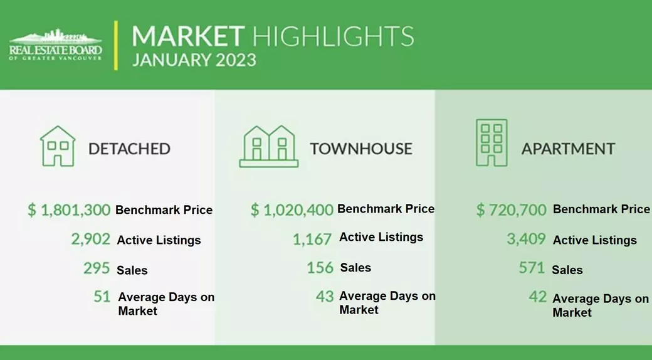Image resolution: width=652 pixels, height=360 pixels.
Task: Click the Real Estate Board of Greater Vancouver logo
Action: (x=55, y=45)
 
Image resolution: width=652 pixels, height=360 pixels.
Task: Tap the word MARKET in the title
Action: (x=188, y=36)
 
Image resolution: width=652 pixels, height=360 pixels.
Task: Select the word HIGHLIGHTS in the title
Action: (x=333, y=36)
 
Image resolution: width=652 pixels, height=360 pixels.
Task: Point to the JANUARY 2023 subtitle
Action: (x=194, y=60)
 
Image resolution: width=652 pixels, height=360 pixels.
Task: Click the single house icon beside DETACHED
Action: (x=58, y=146)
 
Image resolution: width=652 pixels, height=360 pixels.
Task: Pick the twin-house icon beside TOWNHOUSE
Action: (x=268, y=147)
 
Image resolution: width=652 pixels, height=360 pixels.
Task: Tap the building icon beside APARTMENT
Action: (x=492, y=143)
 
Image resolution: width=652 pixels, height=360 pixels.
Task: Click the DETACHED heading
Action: (x=129, y=149)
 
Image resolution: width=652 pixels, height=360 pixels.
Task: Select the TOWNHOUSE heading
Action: (x=361, y=149)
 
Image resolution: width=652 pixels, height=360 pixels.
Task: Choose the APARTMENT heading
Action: (x=568, y=149)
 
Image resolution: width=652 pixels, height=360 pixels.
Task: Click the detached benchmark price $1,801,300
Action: (x=69, y=209)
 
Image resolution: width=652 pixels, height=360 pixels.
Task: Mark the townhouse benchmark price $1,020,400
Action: (x=292, y=209)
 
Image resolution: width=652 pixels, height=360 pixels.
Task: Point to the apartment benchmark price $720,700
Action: (x=512, y=209)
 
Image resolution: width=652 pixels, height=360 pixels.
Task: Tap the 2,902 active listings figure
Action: (x=91, y=240)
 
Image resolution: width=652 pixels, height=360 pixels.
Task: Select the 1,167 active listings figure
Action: (x=312, y=240)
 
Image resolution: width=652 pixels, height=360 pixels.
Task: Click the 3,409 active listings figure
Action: (x=526, y=239)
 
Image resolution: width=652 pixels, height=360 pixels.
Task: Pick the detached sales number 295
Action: (x=97, y=268)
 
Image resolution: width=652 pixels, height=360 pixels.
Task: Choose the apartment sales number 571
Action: (x=532, y=267)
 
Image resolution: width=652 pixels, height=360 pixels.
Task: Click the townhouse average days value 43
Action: (x=325, y=296)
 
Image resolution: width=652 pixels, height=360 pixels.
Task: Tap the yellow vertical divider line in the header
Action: (x=115, y=45)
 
